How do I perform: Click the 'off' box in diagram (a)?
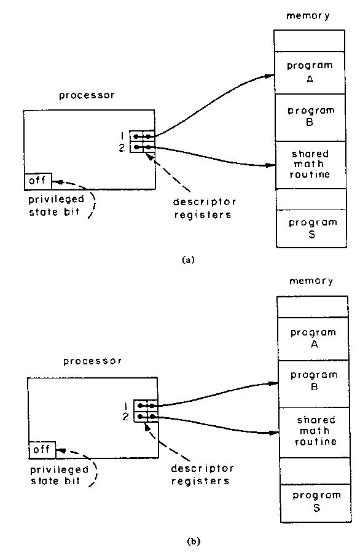tap(38, 181)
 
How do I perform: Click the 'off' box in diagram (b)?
tap(42, 450)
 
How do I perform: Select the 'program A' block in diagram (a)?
tap(309, 73)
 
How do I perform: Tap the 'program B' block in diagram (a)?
tap(310, 117)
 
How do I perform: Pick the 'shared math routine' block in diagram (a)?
tap(310, 165)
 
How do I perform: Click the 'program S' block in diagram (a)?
tap(311, 229)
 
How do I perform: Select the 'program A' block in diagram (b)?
tap(313, 339)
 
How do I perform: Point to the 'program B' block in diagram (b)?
tap(314, 384)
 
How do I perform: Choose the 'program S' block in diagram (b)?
tap(316, 503)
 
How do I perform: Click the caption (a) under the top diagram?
tap(188, 261)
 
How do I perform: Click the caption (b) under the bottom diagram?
tap(194, 541)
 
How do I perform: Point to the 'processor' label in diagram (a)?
tap(87, 96)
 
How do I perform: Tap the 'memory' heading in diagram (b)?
tap(311, 281)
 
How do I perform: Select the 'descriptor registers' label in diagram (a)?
tap(203, 208)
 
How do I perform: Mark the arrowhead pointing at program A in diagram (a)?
tap(270, 75)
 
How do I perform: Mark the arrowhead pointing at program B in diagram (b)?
tap(275, 383)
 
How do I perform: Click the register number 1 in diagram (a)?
tap(122, 136)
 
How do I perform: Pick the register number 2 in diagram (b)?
tap(125, 417)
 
